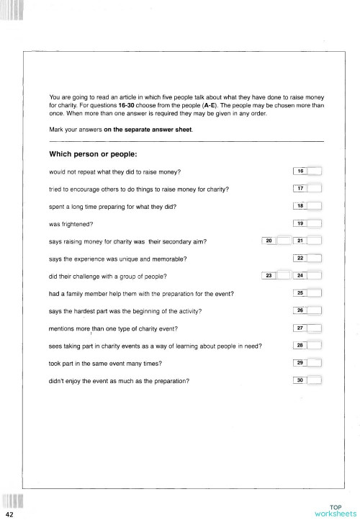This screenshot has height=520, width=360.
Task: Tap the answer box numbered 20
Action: [275, 241]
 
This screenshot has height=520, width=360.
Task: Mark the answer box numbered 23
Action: [275, 276]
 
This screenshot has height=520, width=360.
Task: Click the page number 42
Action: [9, 516]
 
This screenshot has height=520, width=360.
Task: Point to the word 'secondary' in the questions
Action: [163, 241]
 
